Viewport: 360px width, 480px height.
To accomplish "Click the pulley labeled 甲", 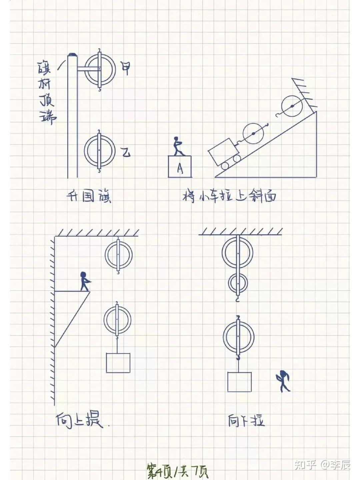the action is click(100, 70).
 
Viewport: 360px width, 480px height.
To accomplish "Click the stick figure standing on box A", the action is click(178, 146).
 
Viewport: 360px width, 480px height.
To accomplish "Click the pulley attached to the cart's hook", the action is click(253, 134).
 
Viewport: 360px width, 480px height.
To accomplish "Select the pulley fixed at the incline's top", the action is click(292, 106).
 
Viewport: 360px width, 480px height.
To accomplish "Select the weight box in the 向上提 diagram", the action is click(118, 363).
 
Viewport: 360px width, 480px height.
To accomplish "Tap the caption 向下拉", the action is click(246, 421).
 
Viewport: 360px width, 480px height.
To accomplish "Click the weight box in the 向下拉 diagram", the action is click(239, 382).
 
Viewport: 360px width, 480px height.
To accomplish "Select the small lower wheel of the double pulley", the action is click(238, 283).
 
